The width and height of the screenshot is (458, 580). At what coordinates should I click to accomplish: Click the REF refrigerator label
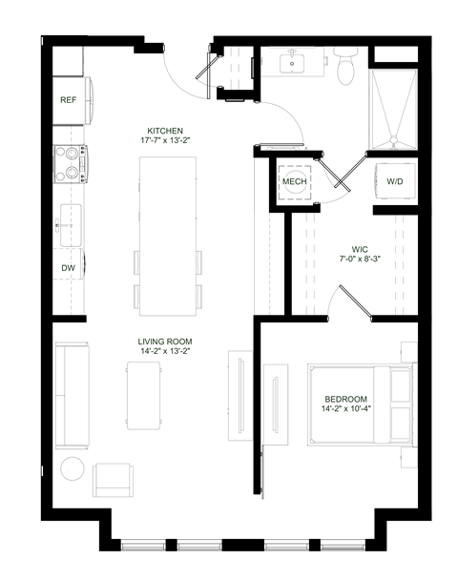coord(69,99)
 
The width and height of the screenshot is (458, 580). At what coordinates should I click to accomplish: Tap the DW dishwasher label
coord(69,268)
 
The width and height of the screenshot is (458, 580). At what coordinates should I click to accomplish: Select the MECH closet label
coord(294,181)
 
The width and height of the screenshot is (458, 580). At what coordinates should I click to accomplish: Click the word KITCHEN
coord(165,131)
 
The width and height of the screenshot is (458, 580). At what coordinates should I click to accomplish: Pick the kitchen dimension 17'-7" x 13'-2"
coord(165,142)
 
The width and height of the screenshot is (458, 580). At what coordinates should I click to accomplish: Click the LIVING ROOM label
coord(167,341)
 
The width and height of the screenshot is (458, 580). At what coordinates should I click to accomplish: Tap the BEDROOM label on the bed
coord(344,399)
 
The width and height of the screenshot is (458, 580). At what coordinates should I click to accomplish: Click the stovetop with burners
coord(71,163)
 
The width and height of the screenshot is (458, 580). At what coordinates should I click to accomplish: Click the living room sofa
coord(70,394)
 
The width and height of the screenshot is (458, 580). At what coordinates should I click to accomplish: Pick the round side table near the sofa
coord(73,469)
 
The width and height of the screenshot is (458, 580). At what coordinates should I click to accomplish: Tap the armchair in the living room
coord(114,478)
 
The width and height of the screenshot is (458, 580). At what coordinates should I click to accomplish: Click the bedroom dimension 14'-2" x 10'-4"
coord(344,409)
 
